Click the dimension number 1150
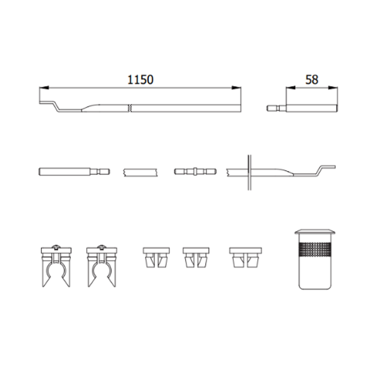point(141,80)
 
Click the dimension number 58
point(311,80)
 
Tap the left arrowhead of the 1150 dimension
point(44,88)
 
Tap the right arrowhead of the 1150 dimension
point(236,88)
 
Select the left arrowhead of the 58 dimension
point(291,88)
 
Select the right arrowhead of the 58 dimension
point(333,88)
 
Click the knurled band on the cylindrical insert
point(315,250)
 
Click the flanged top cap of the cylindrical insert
point(315,232)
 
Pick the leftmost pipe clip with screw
point(56,266)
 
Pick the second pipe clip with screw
point(102,266)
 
